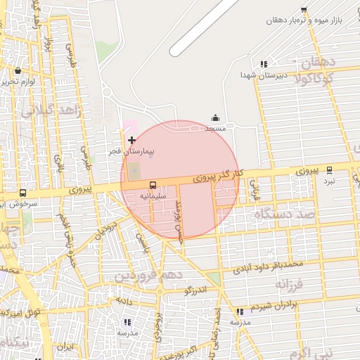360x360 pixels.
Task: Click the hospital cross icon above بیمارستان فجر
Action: coord(131,141)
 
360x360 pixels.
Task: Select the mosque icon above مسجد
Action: coord(215,118)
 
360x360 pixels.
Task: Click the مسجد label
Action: coord(215,129)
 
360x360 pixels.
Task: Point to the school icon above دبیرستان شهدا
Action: coord(264,64)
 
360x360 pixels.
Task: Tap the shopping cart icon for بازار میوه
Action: coord(303,10)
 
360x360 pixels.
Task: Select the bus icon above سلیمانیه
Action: coord(153,186)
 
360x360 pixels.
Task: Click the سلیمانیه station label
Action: coord(153,196)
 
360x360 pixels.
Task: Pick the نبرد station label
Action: coord(339,181)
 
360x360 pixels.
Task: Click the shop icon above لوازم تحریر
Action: coord(18,70)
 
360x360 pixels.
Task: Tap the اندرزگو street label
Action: coord(196,290)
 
